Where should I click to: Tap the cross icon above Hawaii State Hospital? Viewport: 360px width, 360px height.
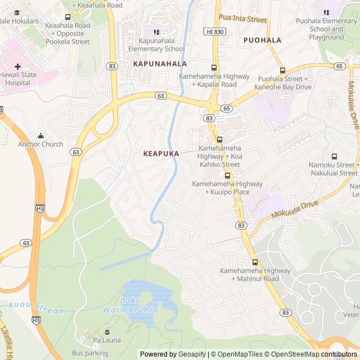point(17,66)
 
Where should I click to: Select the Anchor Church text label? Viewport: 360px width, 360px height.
point(40,144)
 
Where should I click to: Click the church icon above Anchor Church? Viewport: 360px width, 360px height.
point(40,136)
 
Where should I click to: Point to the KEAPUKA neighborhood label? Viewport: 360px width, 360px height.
point(161,154)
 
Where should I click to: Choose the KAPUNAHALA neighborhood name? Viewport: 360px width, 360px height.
point(160,64)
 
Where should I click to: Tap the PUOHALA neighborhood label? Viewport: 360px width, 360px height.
point(262,40)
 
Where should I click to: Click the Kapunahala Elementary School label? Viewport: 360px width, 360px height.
point(156,45)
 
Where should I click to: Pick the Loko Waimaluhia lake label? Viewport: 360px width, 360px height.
point(130,305)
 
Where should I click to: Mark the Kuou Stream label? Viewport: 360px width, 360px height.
point(37,310)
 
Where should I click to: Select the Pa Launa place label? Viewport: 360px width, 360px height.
point(107,340)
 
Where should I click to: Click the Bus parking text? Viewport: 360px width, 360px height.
point(89,353)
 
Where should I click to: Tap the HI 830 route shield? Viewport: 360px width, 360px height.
point(216,32)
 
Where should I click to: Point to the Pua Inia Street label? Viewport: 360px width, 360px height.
point(242,19)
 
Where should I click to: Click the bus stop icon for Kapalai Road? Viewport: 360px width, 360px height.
point(214,67)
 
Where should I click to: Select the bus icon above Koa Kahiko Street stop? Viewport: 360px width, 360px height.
point(219,139)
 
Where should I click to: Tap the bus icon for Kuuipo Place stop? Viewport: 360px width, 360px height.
point(227,175)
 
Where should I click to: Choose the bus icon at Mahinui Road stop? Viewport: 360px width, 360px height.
point(255,262)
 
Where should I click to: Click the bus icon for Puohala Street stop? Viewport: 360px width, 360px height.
point(282,70)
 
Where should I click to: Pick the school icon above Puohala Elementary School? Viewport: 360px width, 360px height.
point(326,12)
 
